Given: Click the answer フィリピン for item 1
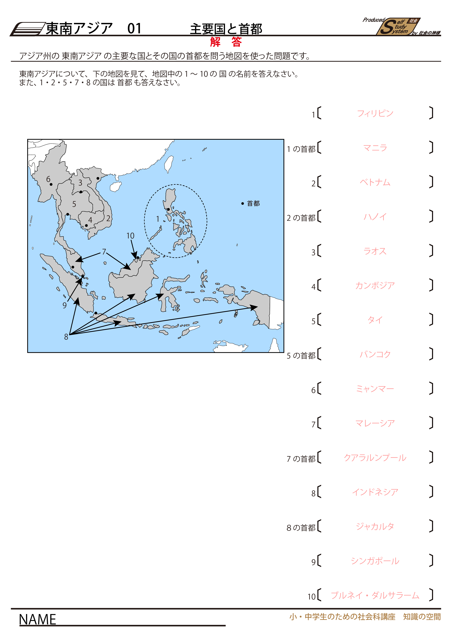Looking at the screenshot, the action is [x=375, y=113].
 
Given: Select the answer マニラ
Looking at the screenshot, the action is [x=375, y=148].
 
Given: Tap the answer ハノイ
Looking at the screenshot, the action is [x=375, y=217].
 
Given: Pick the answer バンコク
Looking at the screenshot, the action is [x=375, y=354].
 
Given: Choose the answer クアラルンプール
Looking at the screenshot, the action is [x=375, y=458].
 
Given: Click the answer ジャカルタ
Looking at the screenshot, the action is [x=375, y=526].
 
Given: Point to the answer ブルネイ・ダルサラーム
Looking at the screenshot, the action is [x=375, y=595].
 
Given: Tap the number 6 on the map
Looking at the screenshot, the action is [x=48, y=179].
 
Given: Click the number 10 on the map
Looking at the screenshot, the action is [x=130, y=236].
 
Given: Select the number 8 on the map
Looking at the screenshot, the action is [x=66, y=337].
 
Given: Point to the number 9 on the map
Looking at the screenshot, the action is [x=65, y=305].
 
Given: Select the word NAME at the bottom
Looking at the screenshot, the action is [x=38, y=620].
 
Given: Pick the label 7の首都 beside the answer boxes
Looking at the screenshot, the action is [x=301, y=459].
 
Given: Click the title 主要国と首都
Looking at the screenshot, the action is [x=226, y=29].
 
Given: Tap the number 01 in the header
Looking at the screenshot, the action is [x=134, y=28].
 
